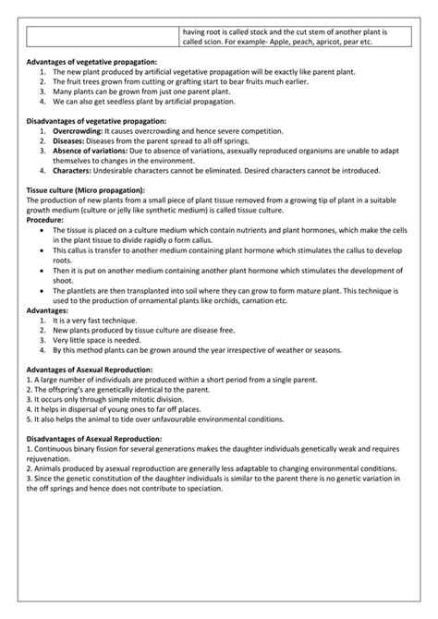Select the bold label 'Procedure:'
tap(45, 221)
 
